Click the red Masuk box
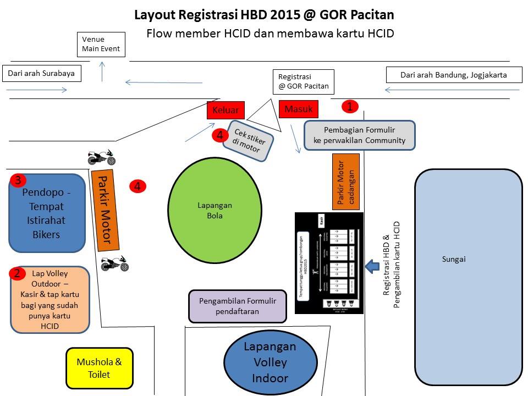pos(298,109)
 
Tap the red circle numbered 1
pos(350,106)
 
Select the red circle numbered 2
pos(18,273)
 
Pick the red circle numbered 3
pos(18,180)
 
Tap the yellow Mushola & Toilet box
pos(100,368)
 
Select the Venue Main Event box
pos(101,45)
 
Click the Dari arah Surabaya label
pos(41,73)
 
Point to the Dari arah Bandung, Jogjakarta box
pos(454,75)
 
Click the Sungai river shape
pos(468,258)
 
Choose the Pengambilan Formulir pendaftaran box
pos(238,306)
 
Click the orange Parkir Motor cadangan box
pos(346,182)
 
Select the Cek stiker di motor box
pos(249,141)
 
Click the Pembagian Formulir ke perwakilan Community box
pos(359,135)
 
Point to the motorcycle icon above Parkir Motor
pos(102,158)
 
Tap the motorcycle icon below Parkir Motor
pos(115,264)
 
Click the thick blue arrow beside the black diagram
pos(372,266)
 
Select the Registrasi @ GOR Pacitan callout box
pos(303,81)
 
